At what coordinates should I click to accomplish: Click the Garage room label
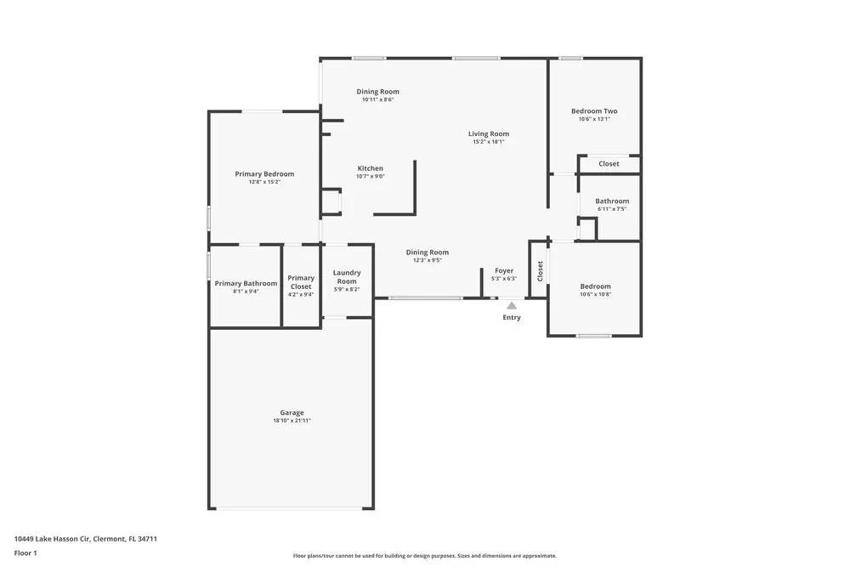pyautogui.click(x=292, y=412)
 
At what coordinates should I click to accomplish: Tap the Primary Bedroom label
pyautogui.click(x=264, y=173)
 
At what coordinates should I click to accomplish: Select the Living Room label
pyautogui.click(x=489, y=133)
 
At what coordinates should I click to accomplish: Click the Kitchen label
pyautogui.click(x=370, y=168)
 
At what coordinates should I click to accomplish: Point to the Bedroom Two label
pyautogui.click(x=594, y=111)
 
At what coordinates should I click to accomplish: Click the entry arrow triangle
pyautogui.click(x=511, y=305)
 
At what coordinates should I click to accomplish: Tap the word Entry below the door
pyautogui.click(x=511, y=317)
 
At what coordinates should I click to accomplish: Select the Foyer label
pyautogui.click(x=504, y=270)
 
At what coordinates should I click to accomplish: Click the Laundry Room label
pyautogui.click(x=347, y=276)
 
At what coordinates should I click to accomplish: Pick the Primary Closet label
pyautogui.click(x=301, y=281)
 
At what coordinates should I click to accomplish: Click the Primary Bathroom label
pyautogui.click(x=246, y=283)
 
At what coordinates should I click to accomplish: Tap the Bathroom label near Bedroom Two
pyautogui.click(x=612, y=201)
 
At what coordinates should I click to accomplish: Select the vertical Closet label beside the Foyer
pyautogui.click(x=540, y=271)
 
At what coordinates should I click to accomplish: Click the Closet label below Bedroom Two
pyautogui.click(x=609, y=163)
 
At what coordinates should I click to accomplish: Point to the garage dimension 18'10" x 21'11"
pyautogui.click(x=292, y=421)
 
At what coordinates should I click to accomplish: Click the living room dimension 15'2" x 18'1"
pyautogui.click(x=489, y=142)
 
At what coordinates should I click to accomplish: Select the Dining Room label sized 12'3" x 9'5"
pyautogui.click(x=427, y=252)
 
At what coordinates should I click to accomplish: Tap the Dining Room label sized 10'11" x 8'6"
pyautogui.click(x=377, y=91)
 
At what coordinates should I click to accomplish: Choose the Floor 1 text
pyautogui.click(x=25, y=553)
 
